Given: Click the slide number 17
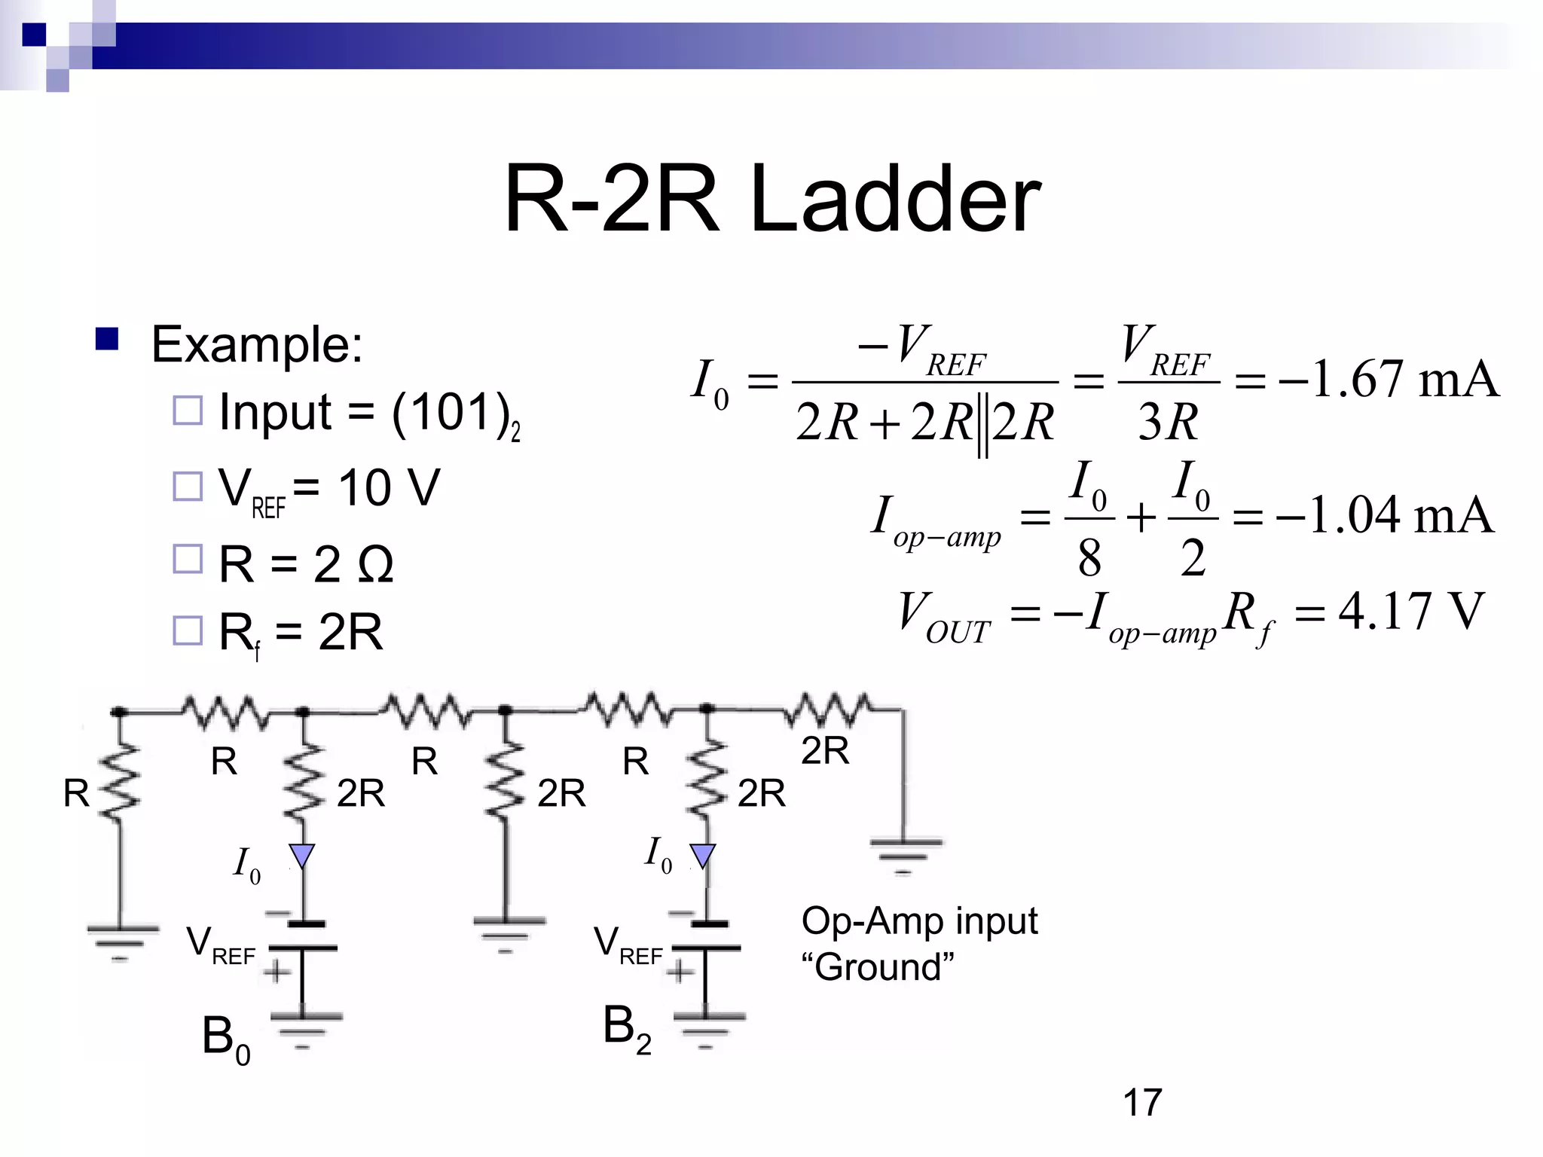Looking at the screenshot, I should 1142,1103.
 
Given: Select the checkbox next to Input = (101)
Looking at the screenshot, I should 188,411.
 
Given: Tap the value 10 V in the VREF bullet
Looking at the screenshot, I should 389,488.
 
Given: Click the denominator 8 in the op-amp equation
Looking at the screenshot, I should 1089,559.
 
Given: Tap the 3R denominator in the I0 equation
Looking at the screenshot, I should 1168,422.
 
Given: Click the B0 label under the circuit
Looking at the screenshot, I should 225,1038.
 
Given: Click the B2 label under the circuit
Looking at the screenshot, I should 626,1028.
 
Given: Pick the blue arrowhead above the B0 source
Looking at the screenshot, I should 302,856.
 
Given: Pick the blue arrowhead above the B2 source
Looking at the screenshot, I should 703,855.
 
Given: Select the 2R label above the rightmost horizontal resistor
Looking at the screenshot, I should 825,750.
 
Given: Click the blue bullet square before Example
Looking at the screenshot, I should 107,340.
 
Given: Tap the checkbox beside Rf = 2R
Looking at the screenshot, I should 188,630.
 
